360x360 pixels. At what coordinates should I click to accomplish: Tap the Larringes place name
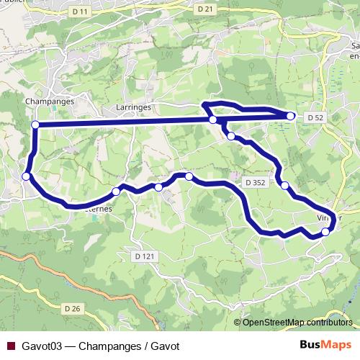click(131, 106)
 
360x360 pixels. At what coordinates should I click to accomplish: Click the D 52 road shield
click(315, 117)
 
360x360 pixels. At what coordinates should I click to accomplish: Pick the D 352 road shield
click(254, 183)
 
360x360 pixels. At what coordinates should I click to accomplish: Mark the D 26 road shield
click(71, 309)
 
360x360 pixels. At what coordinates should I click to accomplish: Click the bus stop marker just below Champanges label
click(35, 125)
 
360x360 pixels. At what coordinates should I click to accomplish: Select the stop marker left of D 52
click(291, 116)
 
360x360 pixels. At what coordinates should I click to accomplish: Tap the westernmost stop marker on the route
click(27, 176)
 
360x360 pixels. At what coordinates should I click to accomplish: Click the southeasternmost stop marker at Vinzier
click(325, 232)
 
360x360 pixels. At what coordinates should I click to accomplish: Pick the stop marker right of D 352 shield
click(285, 186)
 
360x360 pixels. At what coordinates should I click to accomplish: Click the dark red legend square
click(9, 346)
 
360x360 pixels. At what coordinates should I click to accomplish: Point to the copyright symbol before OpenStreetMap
click(238, 322)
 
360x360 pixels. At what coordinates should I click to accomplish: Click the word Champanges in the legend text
click(106, 346)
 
